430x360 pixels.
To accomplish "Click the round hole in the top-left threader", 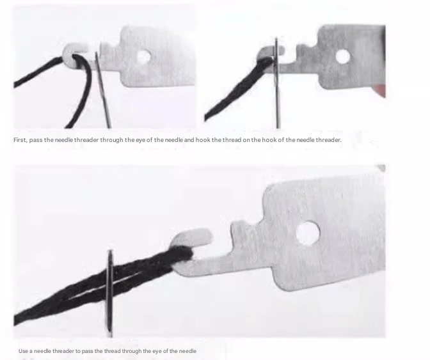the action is click(143, 57).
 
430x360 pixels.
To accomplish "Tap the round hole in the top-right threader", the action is click(343, 57).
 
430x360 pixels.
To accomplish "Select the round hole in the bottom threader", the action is click(308, 233).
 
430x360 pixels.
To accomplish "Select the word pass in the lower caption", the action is click(88, 351).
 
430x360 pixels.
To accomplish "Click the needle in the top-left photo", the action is click(102, 90).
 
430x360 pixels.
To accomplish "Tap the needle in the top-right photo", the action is click(277, 83).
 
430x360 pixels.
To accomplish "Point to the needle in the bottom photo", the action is click(110, 293).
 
